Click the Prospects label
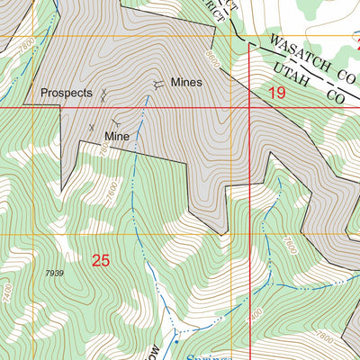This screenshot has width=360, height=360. pyautogui.click(x=67, y=93)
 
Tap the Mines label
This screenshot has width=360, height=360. pyautogui.click(x=186, y=82)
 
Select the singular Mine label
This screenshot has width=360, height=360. pyautogui.click(x=117, y=136)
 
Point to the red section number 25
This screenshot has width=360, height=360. pyautogui.click(x=101, y=261)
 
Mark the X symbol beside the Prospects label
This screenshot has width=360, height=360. pyautogui.click(x=105, y=93)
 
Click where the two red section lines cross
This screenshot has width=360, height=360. pyautogui.click(x=248, y=107)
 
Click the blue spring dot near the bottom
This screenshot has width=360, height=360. pyautogui.click(x=176, y=342)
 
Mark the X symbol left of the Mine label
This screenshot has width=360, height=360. pyautogui.click(x=91, y=127)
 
